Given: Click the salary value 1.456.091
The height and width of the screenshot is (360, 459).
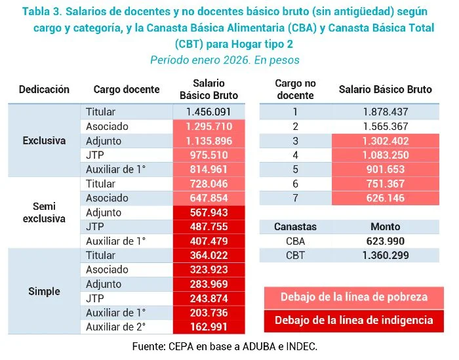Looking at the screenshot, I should point(209,112).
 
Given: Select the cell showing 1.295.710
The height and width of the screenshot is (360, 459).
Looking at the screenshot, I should point(209,127).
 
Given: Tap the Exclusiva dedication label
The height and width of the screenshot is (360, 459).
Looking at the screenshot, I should point(44,140).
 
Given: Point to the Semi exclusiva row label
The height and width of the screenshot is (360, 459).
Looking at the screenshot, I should point(44,212).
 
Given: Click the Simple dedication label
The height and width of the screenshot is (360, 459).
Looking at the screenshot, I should point(44,290).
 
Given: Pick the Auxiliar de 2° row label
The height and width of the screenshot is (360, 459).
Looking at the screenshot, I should point(116,326).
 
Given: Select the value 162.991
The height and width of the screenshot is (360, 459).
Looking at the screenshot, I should point(209,326).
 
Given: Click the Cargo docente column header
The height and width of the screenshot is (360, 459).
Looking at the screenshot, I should point(127,90).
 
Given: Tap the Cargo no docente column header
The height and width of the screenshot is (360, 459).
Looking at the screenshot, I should point(295,89).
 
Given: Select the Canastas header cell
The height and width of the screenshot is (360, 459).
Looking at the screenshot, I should point(295,226).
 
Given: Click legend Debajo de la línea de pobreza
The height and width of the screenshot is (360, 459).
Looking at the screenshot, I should point(353,297).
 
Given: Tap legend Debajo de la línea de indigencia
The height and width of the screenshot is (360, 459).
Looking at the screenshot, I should point(353,320).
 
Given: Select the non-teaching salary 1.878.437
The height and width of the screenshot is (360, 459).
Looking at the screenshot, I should point(385,112).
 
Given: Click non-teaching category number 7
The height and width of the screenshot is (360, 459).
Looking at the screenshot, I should point(295,198).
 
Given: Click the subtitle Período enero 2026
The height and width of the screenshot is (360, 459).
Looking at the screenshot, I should point(225,60).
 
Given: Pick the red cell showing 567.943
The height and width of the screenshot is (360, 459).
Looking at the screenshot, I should point(209,212).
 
